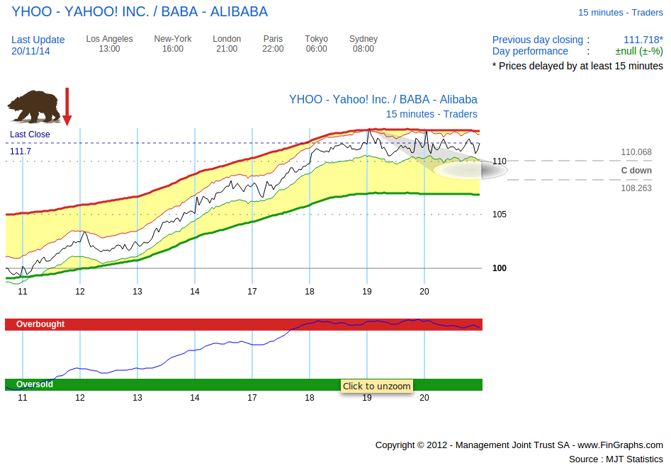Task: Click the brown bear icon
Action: pos(34,106)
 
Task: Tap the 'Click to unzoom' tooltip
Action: pos(376,386)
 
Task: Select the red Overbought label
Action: pos(40,324)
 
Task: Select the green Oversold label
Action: pos(35,384)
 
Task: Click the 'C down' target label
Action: pos(636,171)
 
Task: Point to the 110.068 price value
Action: pos(636,152)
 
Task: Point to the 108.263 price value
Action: pos(636,189)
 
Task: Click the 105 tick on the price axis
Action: pos(500,214)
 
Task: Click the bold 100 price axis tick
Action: pos(500,268)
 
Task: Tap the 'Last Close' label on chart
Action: pos(30,135)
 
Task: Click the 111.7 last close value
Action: pos(21,151)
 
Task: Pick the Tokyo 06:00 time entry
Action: pos(317,44)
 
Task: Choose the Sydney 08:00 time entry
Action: pos(363,44)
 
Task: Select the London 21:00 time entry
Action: pos(227,44)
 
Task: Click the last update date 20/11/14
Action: pos(31,51)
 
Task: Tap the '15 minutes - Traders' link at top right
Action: pos(621,13)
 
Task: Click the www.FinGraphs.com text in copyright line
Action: pos(620,445)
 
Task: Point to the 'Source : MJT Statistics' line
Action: pos(616,459)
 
